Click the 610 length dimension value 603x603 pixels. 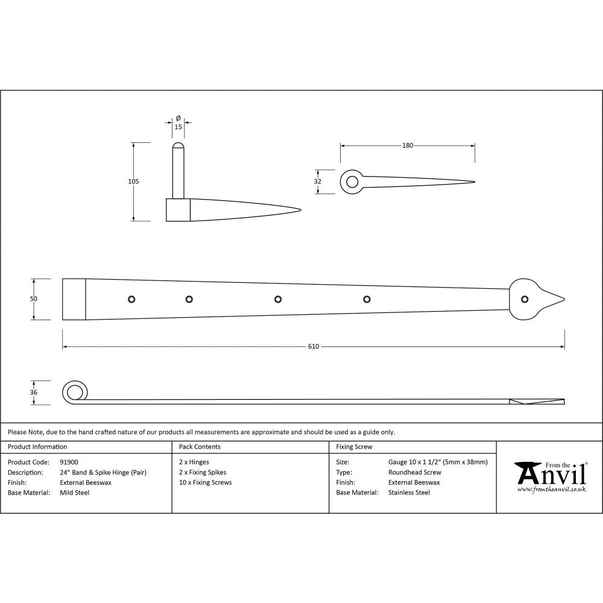click(313, 347)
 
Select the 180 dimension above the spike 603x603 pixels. click(408, 145)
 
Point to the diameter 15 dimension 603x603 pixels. click(178, 127)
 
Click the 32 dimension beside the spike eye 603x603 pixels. click(318, 182)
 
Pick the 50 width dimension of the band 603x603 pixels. click(34, 299)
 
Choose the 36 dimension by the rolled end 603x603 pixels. click(34, 393)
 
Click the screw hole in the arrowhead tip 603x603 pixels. click(525, 299)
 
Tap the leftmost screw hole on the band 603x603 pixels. click(131, 299)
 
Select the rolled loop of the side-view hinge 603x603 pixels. click(74, 393)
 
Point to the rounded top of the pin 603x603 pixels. click(178, 147)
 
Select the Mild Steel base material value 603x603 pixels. click(74, 493)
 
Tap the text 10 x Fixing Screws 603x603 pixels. click(205, 482)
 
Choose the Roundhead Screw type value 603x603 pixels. click(414, 472)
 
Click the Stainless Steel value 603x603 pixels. click(409, 493)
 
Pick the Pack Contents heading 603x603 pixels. click(200, 447)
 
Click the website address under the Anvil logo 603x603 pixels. click(552, 490)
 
